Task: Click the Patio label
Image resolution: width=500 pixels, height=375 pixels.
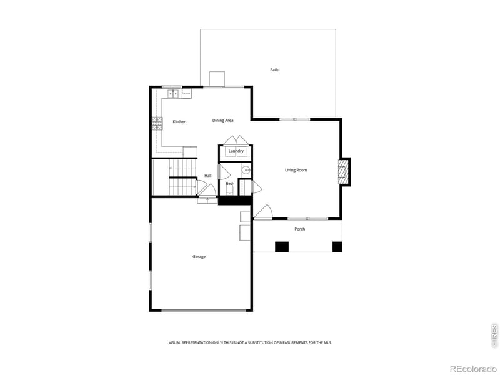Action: pyautogui.click(x=274, y=69)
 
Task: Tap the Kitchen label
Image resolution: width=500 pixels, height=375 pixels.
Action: pyautogui.click(x=179, y=121)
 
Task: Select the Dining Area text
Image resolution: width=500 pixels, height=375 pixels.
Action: pyautogui.click(x=222, y=120)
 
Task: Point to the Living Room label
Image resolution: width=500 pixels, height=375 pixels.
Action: pyautogui.click(x=296, y=170)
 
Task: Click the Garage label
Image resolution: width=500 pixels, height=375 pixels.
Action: pyautogui.click(x=199, y=256)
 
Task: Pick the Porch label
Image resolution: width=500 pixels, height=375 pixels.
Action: pyautogui.click(x=299, y=229)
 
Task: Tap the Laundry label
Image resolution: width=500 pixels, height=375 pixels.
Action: pyautogui.click(x=236, y=151)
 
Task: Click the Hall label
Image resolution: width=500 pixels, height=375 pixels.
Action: pyautogui.click(x=207, y=176)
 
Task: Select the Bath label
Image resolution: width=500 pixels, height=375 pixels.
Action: pyautogui.click(x=230, y=183)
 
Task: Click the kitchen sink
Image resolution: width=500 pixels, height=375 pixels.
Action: pyautogui.click(x=172, y=94)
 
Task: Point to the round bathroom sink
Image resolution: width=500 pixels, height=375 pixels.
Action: pyautogui.click(x=246, y=170)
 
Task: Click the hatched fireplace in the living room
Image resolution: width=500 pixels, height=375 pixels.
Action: pyautogui.click(x=343, y=171)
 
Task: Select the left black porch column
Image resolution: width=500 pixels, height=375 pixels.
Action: pyautogui.click(x=282, y=246)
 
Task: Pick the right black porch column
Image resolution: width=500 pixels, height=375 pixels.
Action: pyautogui.click(x=337, y=246)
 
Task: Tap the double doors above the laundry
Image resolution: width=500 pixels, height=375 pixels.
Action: pyautogui.click(x=236, y=140)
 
